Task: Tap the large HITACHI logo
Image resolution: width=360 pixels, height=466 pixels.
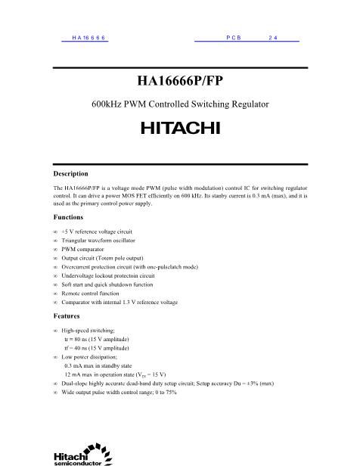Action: [x=180, y=128]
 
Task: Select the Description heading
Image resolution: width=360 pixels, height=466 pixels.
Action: [x=70, y=173]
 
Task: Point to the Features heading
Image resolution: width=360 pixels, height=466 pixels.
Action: [x=66, y=316]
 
